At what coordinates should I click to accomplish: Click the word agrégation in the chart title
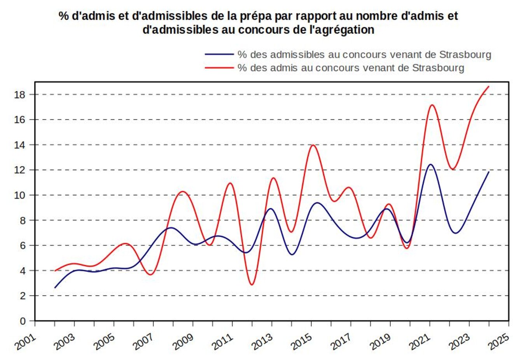[347, 30]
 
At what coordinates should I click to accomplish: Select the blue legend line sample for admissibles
[219, 54]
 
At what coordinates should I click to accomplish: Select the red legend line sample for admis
[219, 68]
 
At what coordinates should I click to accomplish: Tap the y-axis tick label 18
[20, 94]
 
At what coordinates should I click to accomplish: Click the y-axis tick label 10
[20, 195]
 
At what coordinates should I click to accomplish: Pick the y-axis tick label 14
[20, 145]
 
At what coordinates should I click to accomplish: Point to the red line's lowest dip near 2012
[252, 285]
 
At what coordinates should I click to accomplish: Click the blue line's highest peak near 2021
[430, 164]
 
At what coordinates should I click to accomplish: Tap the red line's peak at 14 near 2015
[313, 145]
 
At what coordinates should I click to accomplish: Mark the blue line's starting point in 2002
[55, 288]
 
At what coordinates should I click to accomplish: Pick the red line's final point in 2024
[489, 86]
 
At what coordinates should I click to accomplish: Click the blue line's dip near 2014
[292, 255]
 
